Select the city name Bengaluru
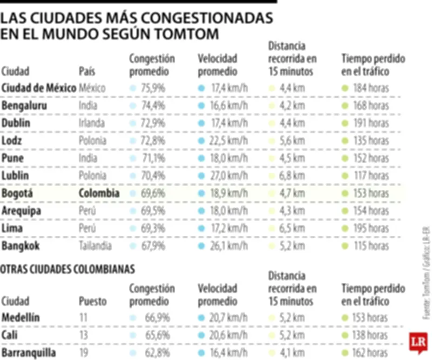click(x=24, y=106)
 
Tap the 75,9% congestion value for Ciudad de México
click(x=153, y=88)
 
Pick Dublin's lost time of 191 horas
click(x=370, y=123)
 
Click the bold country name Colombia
click(x=99, y=194)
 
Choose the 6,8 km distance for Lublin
click(x=292, y=176)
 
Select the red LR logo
click(x=418, y=342)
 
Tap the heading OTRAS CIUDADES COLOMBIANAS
click(x=67, y=269)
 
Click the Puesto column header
click(x=93, y=301)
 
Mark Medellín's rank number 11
click(x=83, y=318)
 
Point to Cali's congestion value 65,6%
click(x=156, y=336)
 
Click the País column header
click(x=87, y=71)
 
